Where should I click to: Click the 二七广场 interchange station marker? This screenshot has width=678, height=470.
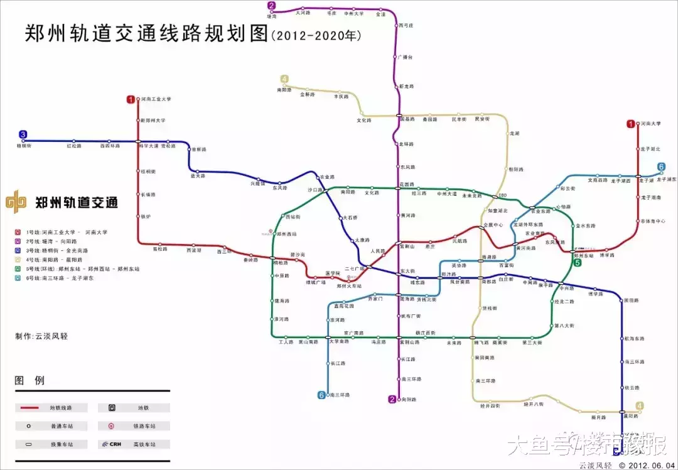point(365,269)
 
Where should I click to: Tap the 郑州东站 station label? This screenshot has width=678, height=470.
point(584,256)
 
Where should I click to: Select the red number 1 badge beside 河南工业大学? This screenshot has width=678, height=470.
point(131,99)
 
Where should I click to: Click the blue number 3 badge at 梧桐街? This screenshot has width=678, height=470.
point(23,134)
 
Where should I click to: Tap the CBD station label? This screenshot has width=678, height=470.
point(502,195)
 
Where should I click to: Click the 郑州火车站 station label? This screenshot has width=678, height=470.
point(349,286)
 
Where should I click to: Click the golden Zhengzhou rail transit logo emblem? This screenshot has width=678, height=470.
point(16,203)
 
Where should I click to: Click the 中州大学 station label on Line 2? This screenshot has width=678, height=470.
point(353,13)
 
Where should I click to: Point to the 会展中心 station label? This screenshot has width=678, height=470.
point(492,225)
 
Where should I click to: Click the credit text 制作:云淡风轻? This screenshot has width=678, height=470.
point(41,336)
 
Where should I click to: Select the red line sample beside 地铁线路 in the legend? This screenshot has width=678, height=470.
point(33,408)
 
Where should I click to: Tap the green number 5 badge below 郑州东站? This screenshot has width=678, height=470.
point(577,263)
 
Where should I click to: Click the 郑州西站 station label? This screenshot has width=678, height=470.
point(286,234)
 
